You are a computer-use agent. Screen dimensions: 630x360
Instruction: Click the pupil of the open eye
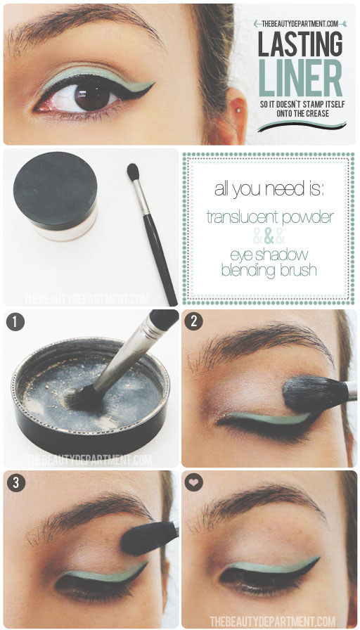coord(92,95)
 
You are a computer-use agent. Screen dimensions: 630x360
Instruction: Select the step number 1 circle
coord(15,321)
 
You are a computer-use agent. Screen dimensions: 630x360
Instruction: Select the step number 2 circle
coord(194,321)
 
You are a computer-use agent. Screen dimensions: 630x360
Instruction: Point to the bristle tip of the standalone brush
coord(132,171)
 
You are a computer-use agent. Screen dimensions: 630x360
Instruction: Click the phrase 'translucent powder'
coord(269,217)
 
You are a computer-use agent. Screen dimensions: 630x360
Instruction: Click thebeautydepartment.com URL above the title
coord(300,22)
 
